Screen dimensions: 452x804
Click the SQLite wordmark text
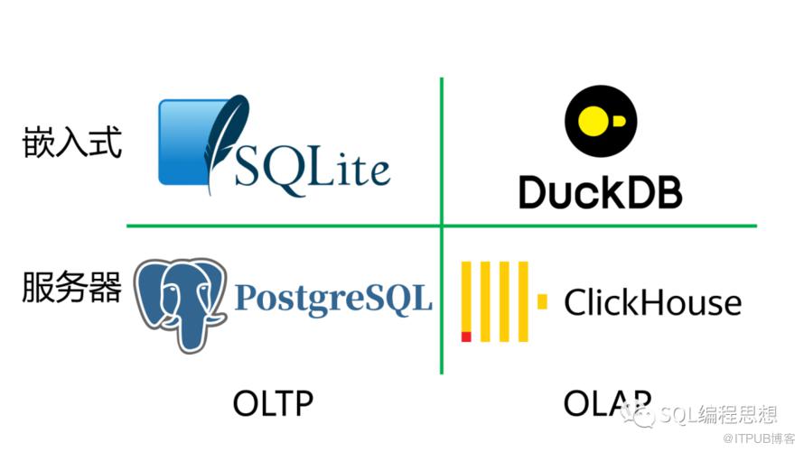(x=312, y=168)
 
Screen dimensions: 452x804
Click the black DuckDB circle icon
(x=600, y=121)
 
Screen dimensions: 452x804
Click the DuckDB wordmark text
(x=600, y=191)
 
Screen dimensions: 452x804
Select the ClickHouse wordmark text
(x=652, y=303)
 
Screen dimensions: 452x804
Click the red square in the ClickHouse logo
(x=466, y=337)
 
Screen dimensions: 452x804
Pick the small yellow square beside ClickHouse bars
(x=542, y=301)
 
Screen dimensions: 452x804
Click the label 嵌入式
(x=71, y=143)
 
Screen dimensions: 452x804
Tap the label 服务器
(x=71, y=288)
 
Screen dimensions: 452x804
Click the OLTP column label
(x=273, y=403)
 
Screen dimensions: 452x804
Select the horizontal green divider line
(x=271, y=226)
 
